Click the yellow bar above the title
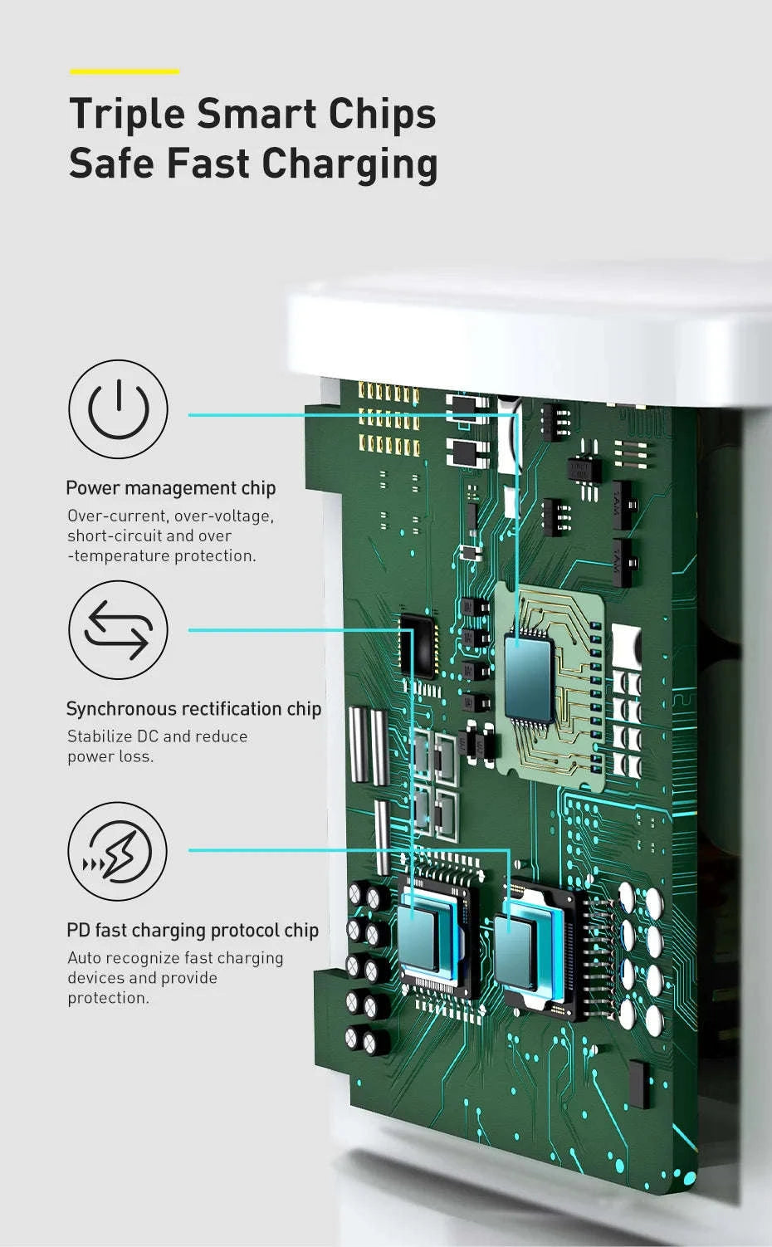click(125, 71)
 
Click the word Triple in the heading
click(127, 114)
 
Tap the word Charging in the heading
click(349, 165)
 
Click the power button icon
click(118, 409)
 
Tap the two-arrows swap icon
click(118, 630)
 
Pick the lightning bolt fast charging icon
click(117, 851)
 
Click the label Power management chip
click(171, 488)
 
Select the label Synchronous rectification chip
click(193, 709)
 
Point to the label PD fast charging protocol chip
click(193, 930)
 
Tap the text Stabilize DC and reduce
click(158, 736)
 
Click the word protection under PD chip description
click(109, 998)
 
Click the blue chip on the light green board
click(530, 677)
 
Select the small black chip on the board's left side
click(418, 646)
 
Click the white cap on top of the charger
click(529, 340)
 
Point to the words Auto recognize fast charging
click(175, 958)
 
